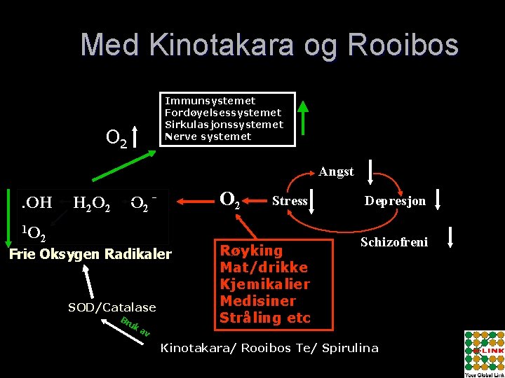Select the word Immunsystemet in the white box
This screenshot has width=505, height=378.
pyautogui.click(x=210, y=101)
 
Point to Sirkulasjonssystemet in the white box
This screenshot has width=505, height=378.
pyautogui.click(x=224, y=125)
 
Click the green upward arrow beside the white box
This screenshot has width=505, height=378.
pyautogui.click(x=303, y=118)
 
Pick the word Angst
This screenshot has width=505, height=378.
pyautogui.click(x=336, y=171)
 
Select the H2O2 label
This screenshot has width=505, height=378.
pyautogui.click(x=92, y=204)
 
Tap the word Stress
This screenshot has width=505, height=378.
pyautogui.click(x=290, y=201)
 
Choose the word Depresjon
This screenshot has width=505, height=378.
pyautogui.click(x=395, y=201)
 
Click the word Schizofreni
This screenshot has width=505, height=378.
pyautogui.click(x=393, y=242)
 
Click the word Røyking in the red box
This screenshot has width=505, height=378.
pyautogui.click(x=251, y=251)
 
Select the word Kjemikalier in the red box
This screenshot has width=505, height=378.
pyautogui.click(x=264, y=284)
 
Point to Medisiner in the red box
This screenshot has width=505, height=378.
pyautogui.click(x=257, y=301)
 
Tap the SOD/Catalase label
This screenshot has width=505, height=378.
pyautogui.click(x=112, y=307)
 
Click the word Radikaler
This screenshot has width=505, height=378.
pyautogui.click(x=137, y=253)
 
